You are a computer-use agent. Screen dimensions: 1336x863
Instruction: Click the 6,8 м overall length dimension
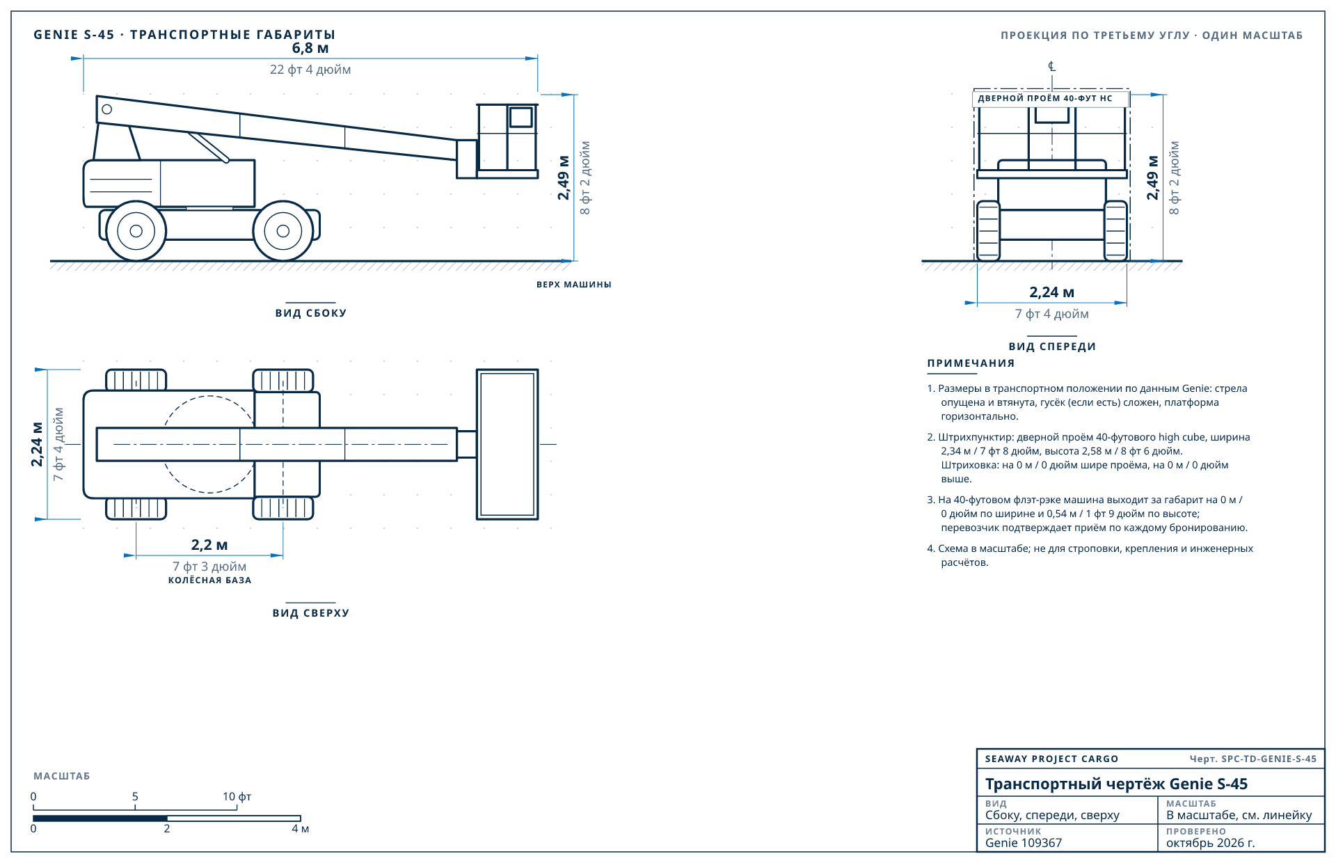(310, 49)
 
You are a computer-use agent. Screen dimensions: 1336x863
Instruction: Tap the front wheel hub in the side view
(283, 231)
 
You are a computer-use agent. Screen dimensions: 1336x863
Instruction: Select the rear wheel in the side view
(136, 231)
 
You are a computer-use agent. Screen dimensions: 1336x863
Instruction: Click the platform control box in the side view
(521, 117)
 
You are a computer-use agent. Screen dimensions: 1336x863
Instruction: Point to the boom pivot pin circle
(107, 109)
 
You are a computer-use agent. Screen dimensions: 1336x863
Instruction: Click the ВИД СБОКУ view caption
(311, 313)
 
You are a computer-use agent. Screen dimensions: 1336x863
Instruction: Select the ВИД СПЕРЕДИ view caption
(1052, 347)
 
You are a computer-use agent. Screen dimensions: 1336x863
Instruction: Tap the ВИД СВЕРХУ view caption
(311, 613)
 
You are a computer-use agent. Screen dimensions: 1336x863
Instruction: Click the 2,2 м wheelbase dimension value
(209, 545)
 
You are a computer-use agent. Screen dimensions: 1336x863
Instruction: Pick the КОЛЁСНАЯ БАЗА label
(209, 580)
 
